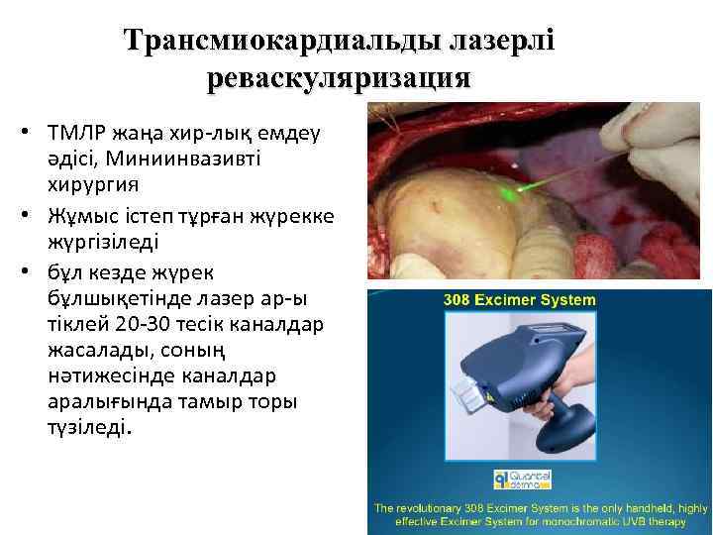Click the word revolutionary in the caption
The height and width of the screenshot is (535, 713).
[x=443, y=506]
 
